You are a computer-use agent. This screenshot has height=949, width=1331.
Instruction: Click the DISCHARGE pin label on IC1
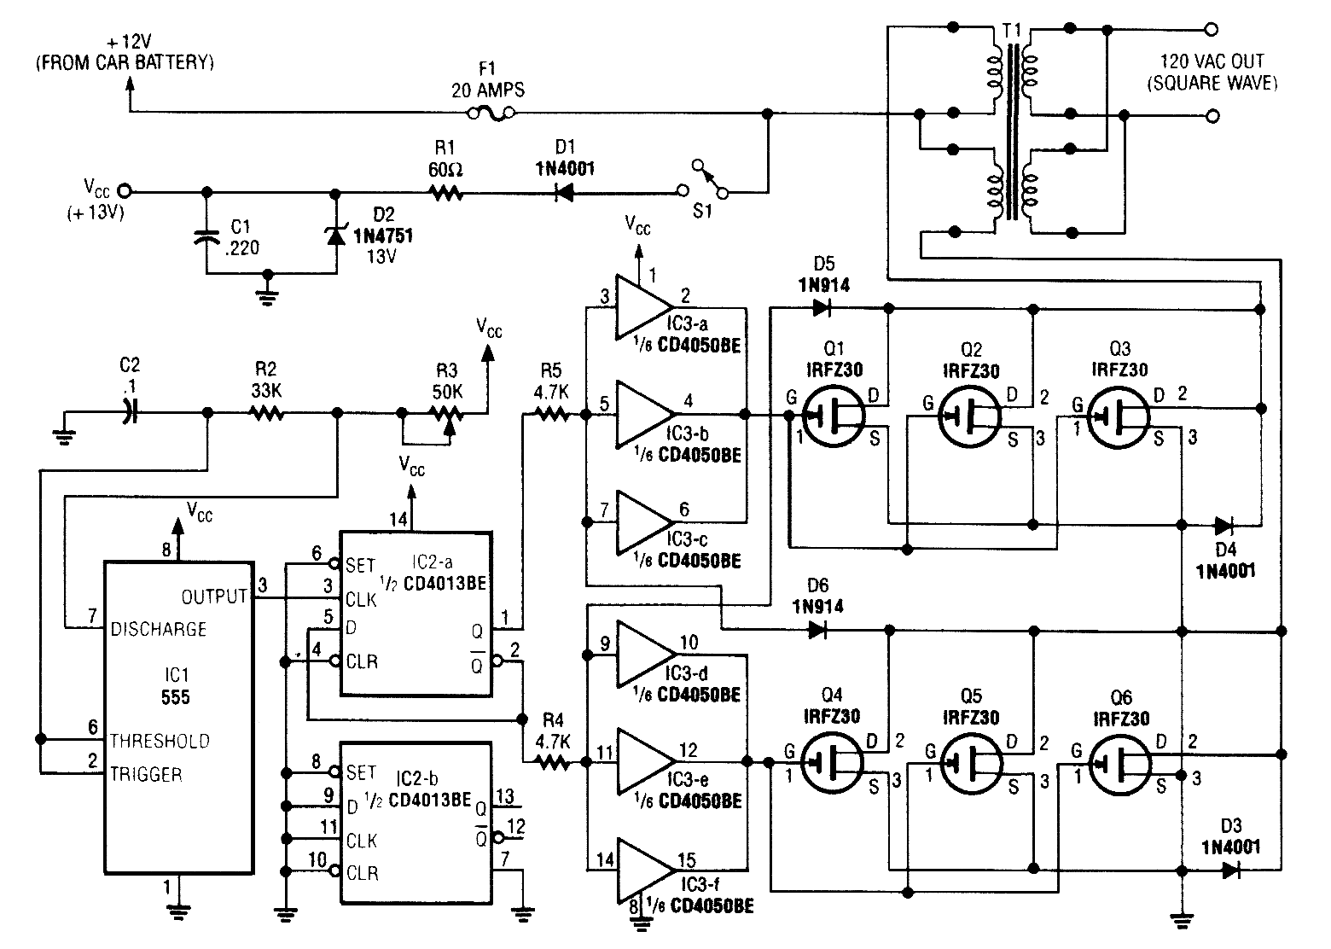pos(160,630)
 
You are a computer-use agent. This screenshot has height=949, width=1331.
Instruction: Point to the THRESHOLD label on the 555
pos(160,741)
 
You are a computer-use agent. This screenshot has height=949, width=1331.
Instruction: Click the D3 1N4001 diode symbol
pos(1230,870)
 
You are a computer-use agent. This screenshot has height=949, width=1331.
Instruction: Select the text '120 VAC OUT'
pos(1212,62)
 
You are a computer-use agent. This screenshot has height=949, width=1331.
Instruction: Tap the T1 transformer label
pos(1012,32)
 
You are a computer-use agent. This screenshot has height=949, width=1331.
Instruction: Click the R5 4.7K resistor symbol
pos(551,415)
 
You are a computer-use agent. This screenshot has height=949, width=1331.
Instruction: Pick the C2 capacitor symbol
pos(130,413)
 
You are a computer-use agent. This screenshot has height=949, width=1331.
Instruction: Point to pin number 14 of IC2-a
pos(399,519)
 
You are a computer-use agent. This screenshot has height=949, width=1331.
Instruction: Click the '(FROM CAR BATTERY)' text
pos(125,62)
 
